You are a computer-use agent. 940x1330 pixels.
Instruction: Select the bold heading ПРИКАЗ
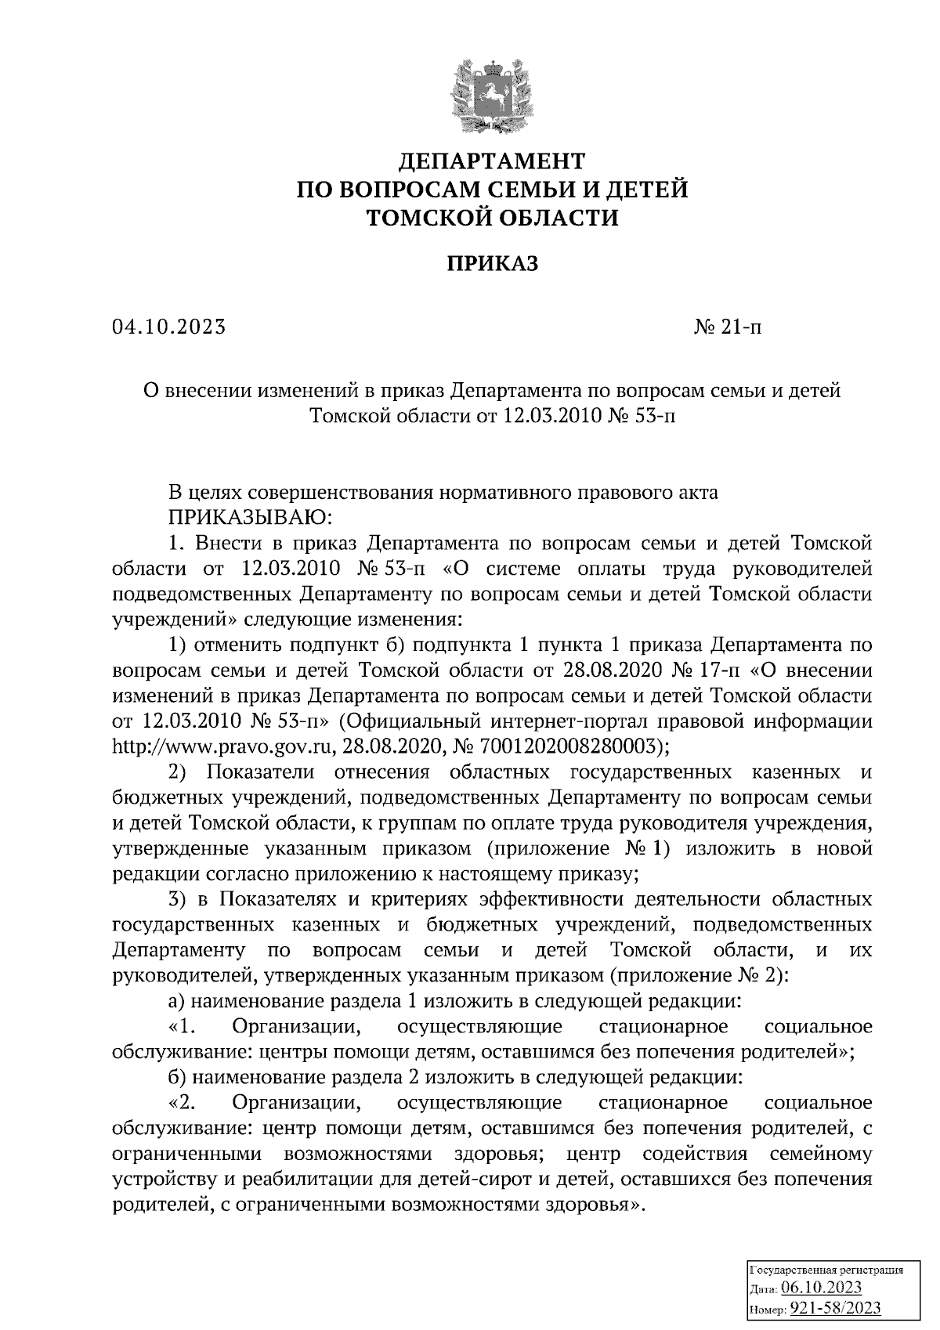point(493,264)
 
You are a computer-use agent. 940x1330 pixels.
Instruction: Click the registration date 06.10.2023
point(821,1288)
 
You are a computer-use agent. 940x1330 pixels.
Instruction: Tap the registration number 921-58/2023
point(835,1308)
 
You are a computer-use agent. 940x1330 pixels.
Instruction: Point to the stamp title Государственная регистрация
point(827,1270)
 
